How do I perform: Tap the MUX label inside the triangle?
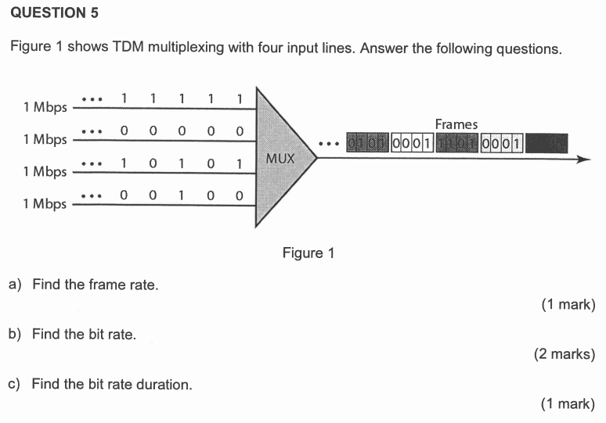[x=280, y=158]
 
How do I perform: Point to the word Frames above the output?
[x=456, y=124]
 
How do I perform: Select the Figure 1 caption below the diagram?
[x=308, y=253]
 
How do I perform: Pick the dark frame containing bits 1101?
[x=457, y=143]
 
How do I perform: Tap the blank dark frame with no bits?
[x=546, y=143]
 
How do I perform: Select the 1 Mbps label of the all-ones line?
[x=45, y=107]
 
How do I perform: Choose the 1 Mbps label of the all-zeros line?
[x=45, y=139]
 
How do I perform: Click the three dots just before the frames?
[x=329, y=144]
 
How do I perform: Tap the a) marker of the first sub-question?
[x=15, y=285]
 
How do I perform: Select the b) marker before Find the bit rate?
[x=15, y=335]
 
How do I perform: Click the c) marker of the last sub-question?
[x=15, y=384]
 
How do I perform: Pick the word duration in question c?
[x=165, y=384]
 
